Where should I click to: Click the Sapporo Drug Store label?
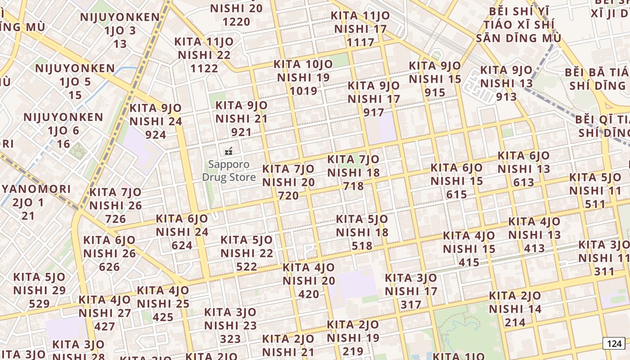pos(229,171)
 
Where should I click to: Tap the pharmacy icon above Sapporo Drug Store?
pos(229,151)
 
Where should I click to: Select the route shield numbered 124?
pos(614,344)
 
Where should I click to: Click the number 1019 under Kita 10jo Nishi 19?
pos(303,91)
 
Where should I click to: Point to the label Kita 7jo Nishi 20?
pos(288,175)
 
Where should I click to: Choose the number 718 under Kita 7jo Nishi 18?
pos(353,185)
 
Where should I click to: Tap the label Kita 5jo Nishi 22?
pos(247,247)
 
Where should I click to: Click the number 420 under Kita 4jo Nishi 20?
pos(309,294)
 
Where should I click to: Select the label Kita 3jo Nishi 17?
pos(411,284)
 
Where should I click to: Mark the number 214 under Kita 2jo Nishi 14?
pos(515,322)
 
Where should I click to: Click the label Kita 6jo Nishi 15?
pos(456,174)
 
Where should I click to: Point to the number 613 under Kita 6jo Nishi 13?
pos(524,182)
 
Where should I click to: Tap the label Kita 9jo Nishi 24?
pos(156,115)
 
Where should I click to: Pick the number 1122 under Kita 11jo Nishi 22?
pos(204,68)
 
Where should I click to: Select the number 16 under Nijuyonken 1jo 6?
pos(63,144)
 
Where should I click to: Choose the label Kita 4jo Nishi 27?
pos(105,306)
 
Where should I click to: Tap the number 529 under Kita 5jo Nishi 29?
pos(39,304)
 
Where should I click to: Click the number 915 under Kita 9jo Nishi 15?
pos(435,92)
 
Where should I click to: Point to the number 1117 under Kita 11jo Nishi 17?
pos(360,42)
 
